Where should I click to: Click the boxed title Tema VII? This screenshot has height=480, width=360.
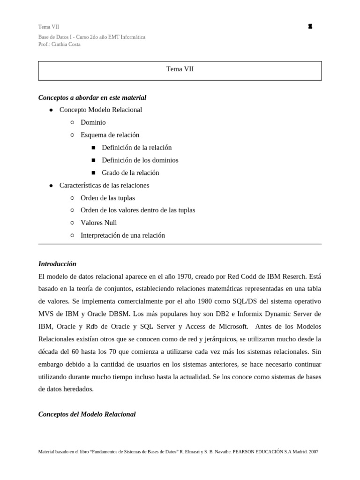pyautogui.click(x=180, y=69)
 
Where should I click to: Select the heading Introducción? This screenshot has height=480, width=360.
pyautogui.click(x=57, y=264)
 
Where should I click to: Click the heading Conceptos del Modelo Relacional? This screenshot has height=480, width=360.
pyautogui.click(x=87, y=414)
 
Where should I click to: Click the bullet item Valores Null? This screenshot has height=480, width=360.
pyautogui.click(x=98, y=223)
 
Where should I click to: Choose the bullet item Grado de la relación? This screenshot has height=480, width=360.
pyautogui.click(x=130, y=172)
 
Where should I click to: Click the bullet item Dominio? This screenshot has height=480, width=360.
pyautogui.click(x=93, y=122)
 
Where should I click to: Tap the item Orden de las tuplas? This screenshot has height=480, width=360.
pyautogui.click(x=107, y=198)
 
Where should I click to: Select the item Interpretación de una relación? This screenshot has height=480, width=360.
pyautogui.click(x=122, y=235)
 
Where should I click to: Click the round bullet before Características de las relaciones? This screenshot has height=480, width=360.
pyautogui.click(x=51, y=186)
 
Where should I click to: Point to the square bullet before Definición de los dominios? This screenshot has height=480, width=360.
pyautogui.click(x=93, y=160)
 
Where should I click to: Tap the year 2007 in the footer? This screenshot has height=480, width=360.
pyautogui.click(x=314, y=452)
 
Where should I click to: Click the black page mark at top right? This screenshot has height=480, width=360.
pyautogui.click(x=310, y=27)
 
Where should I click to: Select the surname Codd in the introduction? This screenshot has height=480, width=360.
pyautogui.click(x=249, y=277)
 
